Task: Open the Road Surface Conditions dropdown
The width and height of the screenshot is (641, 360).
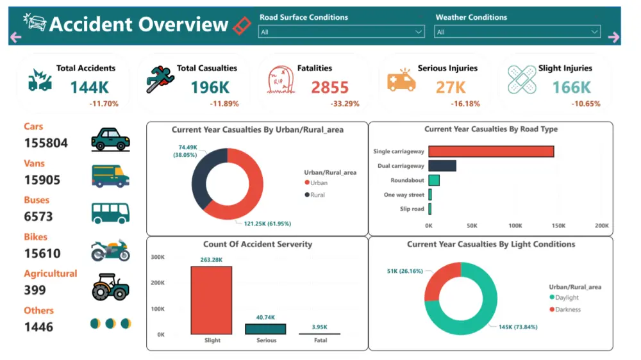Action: click(x=341, y=32)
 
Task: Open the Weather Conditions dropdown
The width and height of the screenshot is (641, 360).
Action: click(x=517, y=32)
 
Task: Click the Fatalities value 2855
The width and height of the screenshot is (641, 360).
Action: click(x=330, y=87)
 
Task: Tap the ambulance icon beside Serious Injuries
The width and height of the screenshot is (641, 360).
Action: click(x=401, y=81)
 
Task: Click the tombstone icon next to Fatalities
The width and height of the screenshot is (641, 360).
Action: click(x=280, y=81)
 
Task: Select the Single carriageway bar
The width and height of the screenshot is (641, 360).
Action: click(x=491, y=151)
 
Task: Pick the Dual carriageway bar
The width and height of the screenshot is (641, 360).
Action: click(x=442, y=166)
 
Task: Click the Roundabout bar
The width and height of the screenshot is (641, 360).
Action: click(x=434, y=180)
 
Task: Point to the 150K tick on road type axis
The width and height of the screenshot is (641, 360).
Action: click(x=558, y=226)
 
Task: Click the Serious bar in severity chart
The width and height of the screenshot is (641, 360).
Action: click(x=266, y=329)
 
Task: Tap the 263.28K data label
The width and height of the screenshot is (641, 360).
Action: click(x=212, y=259)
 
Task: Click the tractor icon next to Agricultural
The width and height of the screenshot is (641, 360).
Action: click(x=110, y=287)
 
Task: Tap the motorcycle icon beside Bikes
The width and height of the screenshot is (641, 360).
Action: click(x=110, y=250)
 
